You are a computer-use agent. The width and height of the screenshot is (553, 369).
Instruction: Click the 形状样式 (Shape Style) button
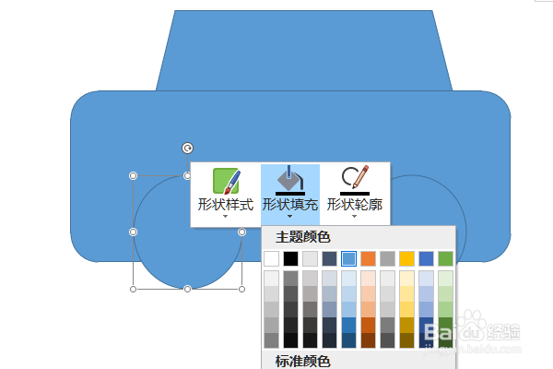point(226,194)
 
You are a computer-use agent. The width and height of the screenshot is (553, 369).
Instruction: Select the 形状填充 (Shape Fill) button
point(290,194)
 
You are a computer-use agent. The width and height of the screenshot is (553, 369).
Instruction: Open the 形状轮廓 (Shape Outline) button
point(355,194)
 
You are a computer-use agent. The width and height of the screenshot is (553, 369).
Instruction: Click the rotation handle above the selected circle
point(188,148)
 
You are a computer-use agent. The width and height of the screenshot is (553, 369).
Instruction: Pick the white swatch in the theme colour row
point(271,258)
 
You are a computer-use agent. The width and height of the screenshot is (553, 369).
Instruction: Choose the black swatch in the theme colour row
point(290,258)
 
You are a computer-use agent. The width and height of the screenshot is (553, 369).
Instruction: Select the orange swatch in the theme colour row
point(368,258)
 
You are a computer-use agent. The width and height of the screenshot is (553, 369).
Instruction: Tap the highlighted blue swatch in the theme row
point(348,258)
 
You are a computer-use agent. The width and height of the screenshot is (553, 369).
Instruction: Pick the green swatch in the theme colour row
point(445,258)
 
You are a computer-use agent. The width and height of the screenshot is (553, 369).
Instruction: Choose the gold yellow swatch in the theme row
point(406,258)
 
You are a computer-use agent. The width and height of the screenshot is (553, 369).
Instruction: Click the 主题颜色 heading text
point(303,237)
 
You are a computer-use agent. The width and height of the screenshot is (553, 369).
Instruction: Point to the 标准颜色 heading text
point(303,361)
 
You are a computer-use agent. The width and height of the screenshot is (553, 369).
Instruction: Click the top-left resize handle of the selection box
point(134,175)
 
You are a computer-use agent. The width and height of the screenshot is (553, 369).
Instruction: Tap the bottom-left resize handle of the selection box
point(134,289)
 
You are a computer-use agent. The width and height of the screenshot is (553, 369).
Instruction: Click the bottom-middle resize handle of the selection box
point(188,289)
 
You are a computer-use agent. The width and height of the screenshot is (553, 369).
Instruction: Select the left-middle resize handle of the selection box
point(134,232)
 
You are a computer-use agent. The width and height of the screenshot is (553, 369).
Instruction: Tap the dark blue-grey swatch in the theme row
point(329,258)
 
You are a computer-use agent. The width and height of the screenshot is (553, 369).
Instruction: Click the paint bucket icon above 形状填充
point(290,178)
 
